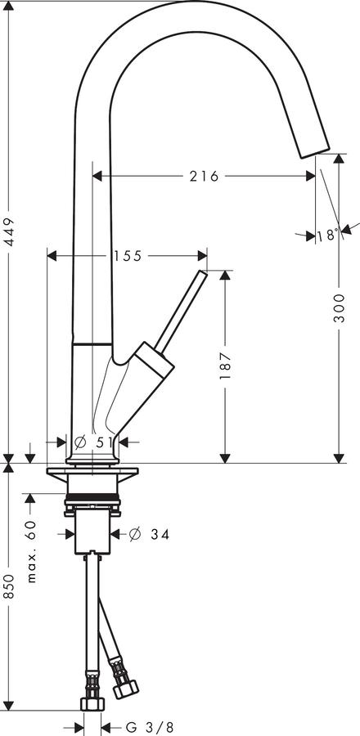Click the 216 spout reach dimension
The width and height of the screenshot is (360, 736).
(x=205, y=176)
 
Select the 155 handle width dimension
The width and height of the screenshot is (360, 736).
(x=127, y=256)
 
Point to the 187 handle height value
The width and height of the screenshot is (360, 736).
(x=225, y=365)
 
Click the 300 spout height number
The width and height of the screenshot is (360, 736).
(x=339, y=308)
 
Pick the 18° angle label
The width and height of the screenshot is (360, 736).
(x=327, y=235)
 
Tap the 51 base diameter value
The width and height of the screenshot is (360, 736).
(x=105, y=442)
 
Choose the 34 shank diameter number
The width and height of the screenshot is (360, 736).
(x=160, y=534)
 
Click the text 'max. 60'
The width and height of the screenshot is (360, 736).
(x=31, y=551)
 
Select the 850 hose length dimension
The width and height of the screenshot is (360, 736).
(x=9, y=586)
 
